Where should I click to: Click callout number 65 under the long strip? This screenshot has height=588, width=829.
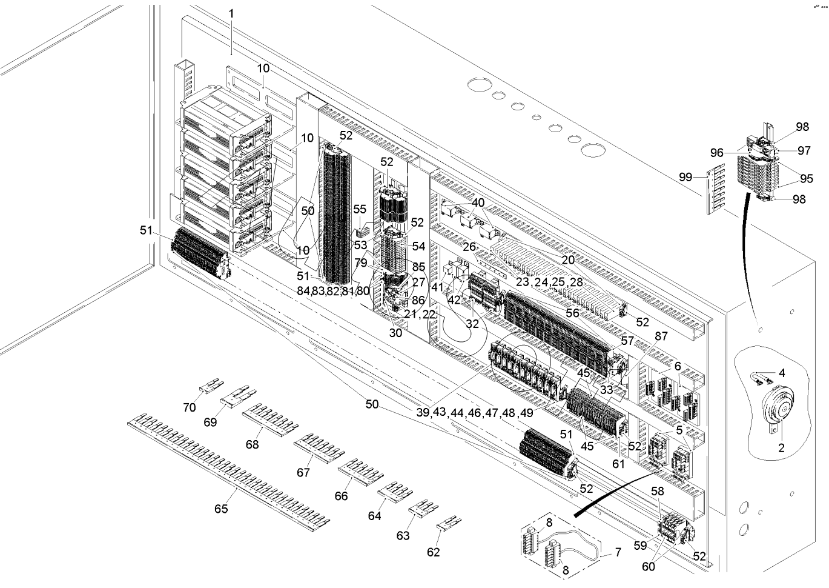[x=221, y=509]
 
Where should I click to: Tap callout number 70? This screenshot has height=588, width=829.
[x=189, y=407]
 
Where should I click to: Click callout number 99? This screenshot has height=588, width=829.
[x=685, y=177]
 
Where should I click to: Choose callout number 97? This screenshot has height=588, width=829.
[x=804, y=150]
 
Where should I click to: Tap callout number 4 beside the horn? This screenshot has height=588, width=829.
[x=782, y=373]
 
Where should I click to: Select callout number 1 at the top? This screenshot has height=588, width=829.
[x=231, y=14]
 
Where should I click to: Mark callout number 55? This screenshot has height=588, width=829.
[x=359, y=209]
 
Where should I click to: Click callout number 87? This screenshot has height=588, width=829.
[x=661, y=336]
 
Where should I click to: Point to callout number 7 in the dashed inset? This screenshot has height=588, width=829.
[x=618, y=552]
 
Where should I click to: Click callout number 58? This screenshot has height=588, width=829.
[x=658, y=491]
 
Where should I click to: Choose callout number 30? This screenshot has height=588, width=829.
[x=395, y=333]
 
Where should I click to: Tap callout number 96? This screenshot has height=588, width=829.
[x=716, y=153]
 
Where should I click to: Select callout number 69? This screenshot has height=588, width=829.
[x=210, y=422]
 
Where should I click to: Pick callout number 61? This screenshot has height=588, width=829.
[x=618, y=464]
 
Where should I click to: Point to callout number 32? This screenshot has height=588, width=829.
[x=472, y=324]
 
